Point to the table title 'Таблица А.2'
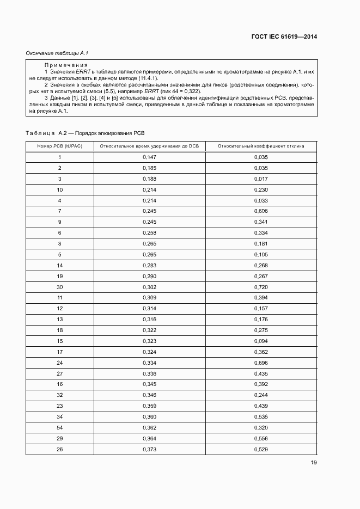[46, 133]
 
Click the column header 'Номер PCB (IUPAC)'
[60, 146]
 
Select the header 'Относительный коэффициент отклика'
[261, 146]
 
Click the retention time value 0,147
[149, 157]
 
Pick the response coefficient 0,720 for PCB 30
[261, 287]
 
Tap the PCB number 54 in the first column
[60, 427]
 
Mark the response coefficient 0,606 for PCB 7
[261, 211]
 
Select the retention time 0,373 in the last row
[149, 449]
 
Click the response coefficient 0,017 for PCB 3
[261, 179]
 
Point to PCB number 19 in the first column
[60, 276]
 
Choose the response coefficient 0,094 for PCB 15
[261, 341]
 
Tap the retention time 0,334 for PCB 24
[149, 363]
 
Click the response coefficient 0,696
[261, 363]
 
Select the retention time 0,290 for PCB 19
[149, 276]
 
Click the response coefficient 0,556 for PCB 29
[261, 438]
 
